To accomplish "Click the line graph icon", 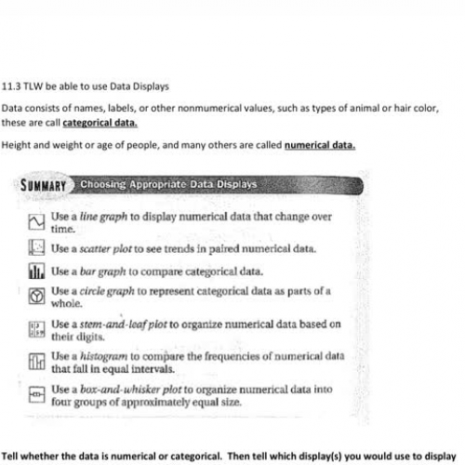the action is [35, 222].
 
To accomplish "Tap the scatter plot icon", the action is [35, 248].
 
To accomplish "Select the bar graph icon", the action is [35, 272].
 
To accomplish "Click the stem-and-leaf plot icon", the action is [35, 330].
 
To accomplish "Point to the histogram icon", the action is [35, 362].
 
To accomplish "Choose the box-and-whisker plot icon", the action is [35, 394].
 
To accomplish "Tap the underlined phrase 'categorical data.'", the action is [100, 122].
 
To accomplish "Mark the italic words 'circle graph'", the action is [106, 292].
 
